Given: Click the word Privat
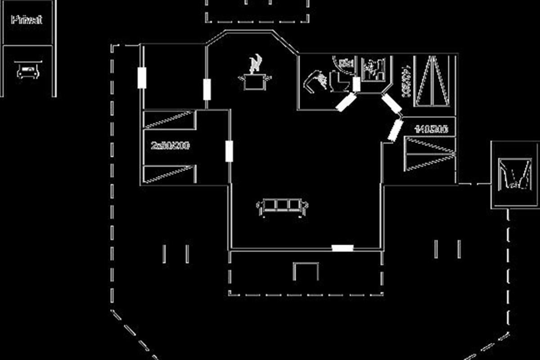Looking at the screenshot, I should (x=27, y=20).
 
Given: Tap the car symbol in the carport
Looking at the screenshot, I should (x=27, y=71).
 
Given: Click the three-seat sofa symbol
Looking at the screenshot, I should (x=282, y=207).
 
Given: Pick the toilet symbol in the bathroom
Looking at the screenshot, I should (x=337, y=81).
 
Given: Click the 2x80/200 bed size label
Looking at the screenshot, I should (x=170, y=146).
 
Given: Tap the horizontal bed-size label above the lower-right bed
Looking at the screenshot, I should (x=431, y=130).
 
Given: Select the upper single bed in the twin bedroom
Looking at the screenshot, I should (x=170, y=120).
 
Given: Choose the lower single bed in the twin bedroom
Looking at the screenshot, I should (x=170, y=174).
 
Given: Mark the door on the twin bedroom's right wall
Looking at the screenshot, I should (x=229, y=151).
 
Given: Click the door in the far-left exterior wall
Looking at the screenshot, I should (x=142, y=77).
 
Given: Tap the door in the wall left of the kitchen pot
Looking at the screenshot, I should (x=207, y=89).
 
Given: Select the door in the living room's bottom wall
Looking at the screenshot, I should (x=342, y=247).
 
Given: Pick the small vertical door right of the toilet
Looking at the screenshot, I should (x=356, y=84).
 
